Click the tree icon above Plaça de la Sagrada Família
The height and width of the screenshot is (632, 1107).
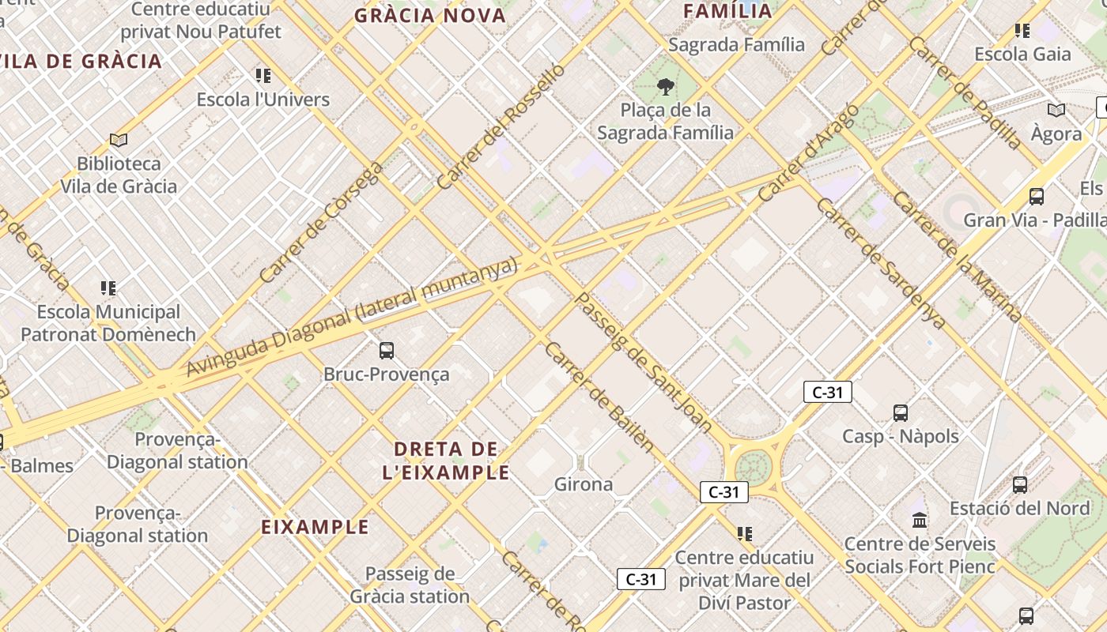coord(666,86)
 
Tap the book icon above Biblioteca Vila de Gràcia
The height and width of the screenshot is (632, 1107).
coord(119,141)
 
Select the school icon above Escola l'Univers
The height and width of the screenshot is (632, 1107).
coord(263,76)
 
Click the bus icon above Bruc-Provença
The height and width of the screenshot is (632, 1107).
coord(387,351)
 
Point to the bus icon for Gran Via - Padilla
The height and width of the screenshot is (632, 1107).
coord(1036,196)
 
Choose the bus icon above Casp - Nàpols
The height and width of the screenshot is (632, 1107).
coord(900,412)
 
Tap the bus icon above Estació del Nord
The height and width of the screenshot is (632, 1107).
coord(1020,484)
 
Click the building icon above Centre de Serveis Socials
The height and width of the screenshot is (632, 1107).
coord(920,520)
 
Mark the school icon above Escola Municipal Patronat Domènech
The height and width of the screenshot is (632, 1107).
coord(108,288)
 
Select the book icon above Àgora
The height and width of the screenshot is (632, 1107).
coord(1056,111)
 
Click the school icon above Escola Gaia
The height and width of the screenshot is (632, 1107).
coord(1022,31)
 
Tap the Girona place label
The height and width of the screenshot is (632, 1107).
coord(584,483)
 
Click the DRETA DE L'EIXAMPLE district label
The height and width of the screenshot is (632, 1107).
coord(446,461)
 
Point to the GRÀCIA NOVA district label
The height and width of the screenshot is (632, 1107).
coord(430,16)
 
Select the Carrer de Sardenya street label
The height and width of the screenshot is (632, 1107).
coord(879,262)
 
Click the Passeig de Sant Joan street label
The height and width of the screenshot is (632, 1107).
coord(642,362)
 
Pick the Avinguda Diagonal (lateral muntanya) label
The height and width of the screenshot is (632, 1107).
coord(351,317)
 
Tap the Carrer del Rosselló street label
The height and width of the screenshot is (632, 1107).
coord(501,126)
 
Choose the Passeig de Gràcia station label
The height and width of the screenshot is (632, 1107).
coord(410,585)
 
